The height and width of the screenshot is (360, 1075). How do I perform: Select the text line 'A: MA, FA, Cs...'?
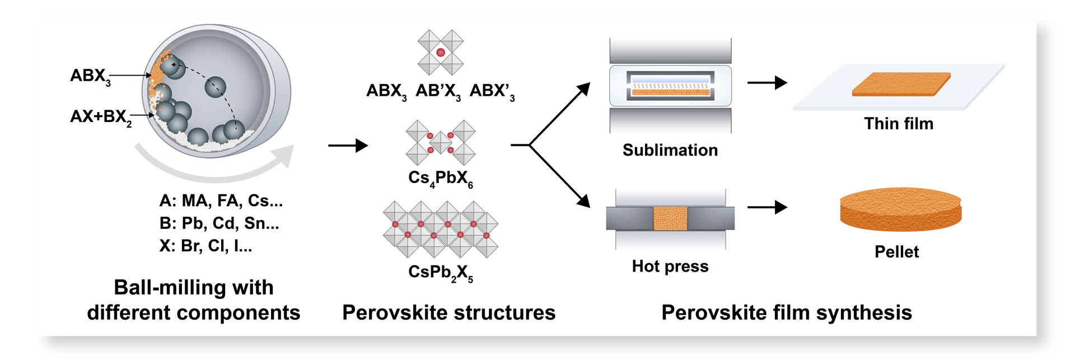221,200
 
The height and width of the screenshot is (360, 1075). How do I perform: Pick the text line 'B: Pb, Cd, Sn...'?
219,223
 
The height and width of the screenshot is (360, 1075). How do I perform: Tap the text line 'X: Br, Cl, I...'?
205,245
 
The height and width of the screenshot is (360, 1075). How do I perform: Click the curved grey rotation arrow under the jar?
213,168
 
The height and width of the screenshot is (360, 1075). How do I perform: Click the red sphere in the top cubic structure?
441,53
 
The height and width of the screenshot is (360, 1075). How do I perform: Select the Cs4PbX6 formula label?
440,179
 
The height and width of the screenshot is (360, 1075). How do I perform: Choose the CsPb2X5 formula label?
440,273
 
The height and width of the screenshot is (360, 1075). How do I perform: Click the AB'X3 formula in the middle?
438,91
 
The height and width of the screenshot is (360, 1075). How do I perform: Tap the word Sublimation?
670,150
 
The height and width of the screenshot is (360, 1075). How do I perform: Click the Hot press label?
670,266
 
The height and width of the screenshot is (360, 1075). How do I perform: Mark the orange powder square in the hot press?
670,218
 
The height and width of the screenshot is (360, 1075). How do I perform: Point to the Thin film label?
898,124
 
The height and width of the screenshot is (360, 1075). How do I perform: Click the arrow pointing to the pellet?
766,207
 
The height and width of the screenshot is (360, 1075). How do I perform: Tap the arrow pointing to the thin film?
766,83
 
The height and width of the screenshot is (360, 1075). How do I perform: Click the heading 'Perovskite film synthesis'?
786,312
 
